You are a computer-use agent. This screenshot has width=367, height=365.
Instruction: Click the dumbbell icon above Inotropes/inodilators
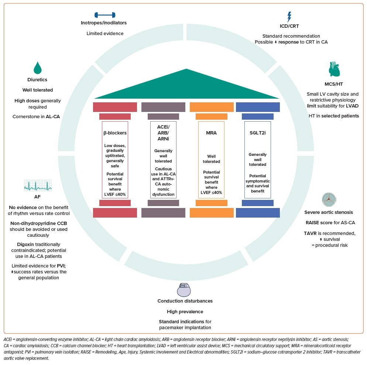click(x=105, y=15)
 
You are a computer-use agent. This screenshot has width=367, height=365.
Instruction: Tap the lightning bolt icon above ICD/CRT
click(x=290, y=17)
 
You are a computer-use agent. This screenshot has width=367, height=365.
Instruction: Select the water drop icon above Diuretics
click(x=38, y=68)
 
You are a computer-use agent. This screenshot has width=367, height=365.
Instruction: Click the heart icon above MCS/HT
click(x=334, y=69)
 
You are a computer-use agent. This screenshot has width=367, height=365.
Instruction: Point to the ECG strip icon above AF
click(x=38, y=185)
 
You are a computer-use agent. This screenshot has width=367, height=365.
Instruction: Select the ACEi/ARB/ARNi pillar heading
click(x=163, y=132)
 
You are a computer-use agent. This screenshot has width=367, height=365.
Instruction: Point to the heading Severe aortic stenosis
click(x=329, y=212)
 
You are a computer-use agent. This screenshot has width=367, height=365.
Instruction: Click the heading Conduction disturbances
click(x=185, y=301)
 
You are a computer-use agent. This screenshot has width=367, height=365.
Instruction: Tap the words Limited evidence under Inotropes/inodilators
click(x=105, y=34)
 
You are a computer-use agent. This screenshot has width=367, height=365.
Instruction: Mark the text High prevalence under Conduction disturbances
click(x=185, y=312)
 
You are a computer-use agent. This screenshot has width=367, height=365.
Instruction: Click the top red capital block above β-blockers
click(x=115, y=107)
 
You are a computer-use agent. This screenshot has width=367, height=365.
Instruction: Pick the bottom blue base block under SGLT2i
click(x=257, y=213)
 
